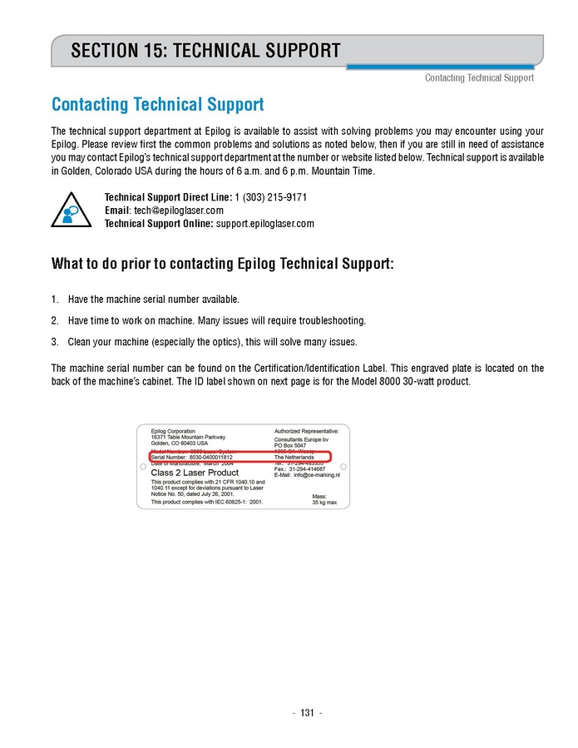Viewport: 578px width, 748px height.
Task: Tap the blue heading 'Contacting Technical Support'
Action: pos(157,105)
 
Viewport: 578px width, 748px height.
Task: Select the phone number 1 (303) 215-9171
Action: pos(270,197)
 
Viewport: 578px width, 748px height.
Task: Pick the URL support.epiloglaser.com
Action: pos(264,224)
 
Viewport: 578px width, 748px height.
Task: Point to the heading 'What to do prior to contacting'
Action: pos(222,265)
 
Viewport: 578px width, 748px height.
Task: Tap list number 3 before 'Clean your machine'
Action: pos(55,342)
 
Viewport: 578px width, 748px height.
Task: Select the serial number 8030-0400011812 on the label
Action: pos(205,458)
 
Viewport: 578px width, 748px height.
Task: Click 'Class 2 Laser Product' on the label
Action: pos(195,473)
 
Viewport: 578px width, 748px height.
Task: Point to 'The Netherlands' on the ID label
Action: pos(294,458)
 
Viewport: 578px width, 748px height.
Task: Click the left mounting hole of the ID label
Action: pos(143,466)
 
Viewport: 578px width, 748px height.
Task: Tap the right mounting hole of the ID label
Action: pos(343,466)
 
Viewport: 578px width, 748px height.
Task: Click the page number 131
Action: pos(307,713)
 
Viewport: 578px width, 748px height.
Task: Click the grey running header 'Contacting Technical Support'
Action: pos(479,78)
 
